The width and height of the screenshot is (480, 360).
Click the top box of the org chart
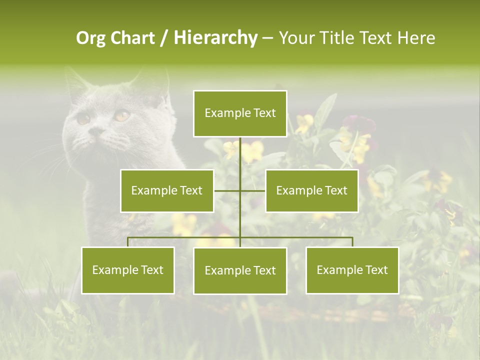pos(240,113)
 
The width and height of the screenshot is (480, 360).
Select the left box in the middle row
pos(167,190)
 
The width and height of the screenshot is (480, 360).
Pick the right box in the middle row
pos(311,190)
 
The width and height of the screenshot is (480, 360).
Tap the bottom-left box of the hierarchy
pos(128,270)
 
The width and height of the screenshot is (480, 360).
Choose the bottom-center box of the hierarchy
pos(240,270)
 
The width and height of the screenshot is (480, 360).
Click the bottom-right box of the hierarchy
pos(352,270)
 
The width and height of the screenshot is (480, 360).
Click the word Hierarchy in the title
pos(215,38)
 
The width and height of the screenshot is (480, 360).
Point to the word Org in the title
pos(90,38)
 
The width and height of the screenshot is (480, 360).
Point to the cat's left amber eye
pos(83,119)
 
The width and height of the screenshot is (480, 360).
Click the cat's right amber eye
pos(121,115)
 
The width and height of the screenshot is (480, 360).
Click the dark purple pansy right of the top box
pos(358,123)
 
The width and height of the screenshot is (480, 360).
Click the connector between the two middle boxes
pos(240,190)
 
